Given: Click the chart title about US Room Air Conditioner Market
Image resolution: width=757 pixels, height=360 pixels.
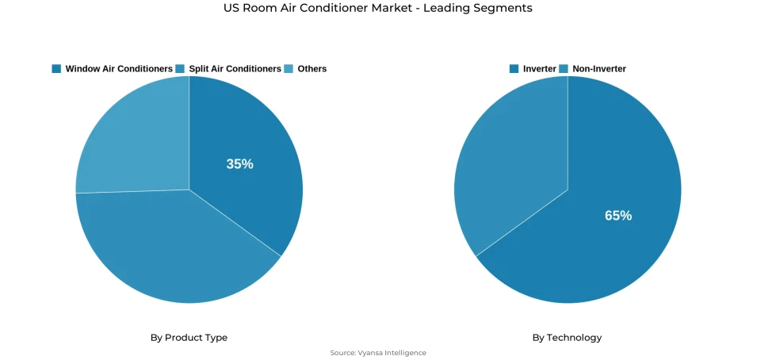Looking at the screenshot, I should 378,8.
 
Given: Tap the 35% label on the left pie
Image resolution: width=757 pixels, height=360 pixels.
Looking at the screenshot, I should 239,164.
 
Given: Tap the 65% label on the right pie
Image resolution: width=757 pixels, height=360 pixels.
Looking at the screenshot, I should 618,215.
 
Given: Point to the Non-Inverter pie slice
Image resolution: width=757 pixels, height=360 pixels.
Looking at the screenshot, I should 507,159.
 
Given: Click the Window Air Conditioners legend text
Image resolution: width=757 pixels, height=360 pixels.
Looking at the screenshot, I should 119,69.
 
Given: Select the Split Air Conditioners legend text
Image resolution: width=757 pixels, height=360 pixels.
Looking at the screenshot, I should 235,69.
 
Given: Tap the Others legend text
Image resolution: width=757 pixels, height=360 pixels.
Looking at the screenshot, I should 312,69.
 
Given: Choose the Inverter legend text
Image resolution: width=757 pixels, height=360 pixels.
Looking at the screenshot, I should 540,69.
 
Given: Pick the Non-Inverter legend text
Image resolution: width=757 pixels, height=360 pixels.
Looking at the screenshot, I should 599,69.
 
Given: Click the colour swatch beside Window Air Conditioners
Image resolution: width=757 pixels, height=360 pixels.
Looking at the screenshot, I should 56,69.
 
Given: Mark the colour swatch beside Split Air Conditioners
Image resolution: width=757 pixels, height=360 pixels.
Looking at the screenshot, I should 180,69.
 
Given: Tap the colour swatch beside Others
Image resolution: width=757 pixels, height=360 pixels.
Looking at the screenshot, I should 289,69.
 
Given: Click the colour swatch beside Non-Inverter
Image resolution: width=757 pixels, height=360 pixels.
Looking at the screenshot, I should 564,69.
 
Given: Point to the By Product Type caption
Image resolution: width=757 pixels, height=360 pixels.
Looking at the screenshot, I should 189,338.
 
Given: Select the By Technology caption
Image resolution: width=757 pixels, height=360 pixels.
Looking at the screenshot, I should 567,338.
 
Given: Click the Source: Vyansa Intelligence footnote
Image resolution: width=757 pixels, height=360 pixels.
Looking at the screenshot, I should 378,353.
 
